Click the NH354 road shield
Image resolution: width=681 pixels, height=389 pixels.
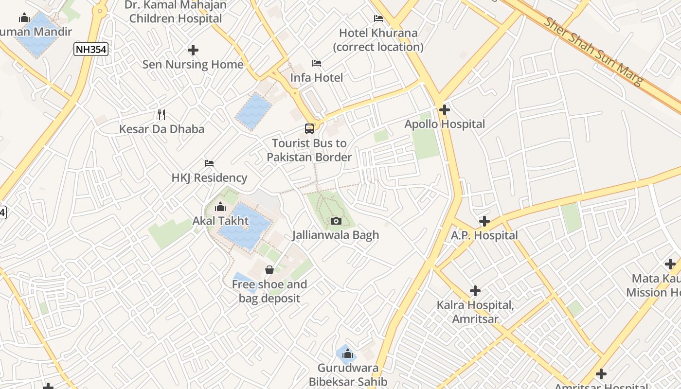pyautogui.click(x=91, y=49)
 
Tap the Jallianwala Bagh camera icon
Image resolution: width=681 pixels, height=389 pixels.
pyautogui.click(x=336, y=221)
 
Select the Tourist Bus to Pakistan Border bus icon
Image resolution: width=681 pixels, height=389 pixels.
pyautogui.click(x=309, y=129)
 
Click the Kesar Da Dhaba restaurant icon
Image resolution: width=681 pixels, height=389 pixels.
pyautogui.click(x=162, y=115)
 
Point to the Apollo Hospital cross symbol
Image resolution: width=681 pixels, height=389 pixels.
pyautogui.click(x=444, y=110)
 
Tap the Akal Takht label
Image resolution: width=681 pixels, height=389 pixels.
pyautogui.click(x=220, y=221)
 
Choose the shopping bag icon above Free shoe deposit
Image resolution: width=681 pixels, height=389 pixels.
pyautogui.click(x=269, y=270)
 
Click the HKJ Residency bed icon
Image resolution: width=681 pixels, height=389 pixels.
pyautogui.click(x=209, y=163)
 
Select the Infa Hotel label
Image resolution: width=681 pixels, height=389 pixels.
pyautogui.click(x=317, y=78)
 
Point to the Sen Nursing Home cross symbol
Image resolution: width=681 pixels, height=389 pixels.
pyautogui.click(x=193, y=50)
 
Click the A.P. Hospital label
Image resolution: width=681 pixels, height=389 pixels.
pyautogui.click(x=484, y=236)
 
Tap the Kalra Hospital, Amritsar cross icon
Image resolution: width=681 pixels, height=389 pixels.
pyautogui.click(x=475, y=291)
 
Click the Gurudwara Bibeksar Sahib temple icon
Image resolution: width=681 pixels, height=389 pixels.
pyautogui.click(x=347, y=354)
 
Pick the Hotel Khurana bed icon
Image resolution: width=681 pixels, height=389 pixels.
pyautogui.click(x=378, y=18)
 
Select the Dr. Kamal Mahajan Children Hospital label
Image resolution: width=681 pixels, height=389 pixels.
pyautogui.click(x=176, y=12)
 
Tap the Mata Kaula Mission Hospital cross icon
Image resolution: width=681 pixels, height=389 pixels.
pyautogui.click(x=670, y=264)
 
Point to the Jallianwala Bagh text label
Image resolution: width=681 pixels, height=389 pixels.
pyautogui.click(x=336, y=235)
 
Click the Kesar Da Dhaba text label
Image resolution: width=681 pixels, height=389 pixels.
pyautogui.click(x=162, y=129)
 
